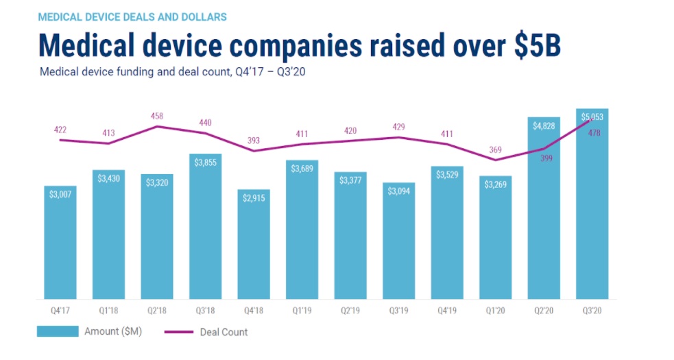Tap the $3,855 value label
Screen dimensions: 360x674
pyautogui.click(x=205, y=162)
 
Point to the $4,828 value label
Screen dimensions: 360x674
pyautogui.click(x=543, y=125)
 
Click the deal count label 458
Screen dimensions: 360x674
pyautogui.click(x=157, y=117)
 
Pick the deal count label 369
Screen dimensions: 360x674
pyautogui.click(x=495, y=149)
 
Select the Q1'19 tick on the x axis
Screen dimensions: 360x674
pyautogui.click(x=302, y=309)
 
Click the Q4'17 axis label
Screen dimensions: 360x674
pyautogui.click(x=60, y=309)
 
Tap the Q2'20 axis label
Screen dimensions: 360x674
pyautogui.click(x=543, y=309)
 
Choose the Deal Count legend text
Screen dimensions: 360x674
pyautogui.click(x=224, y=332)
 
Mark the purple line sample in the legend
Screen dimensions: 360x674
pyautogui.click(x=180, y=333)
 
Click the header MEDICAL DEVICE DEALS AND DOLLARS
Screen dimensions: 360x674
pyautogui.click(x=131, y=15)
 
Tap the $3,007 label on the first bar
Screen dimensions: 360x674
pyautogui.click(x=60, y=194)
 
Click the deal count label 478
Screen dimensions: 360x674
pyautogui.click(x=592, y=133)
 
